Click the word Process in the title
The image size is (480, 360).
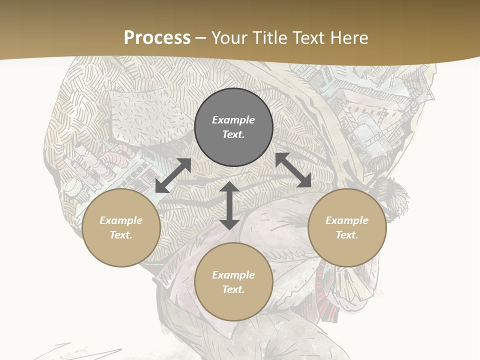coord(157,38)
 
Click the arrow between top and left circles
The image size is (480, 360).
coord(173,175)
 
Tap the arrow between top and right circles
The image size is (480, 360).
coord(293,170)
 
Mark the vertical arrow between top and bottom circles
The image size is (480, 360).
coord(229,205)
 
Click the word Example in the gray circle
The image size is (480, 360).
coord(233,120)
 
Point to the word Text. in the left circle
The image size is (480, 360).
coord(121,235)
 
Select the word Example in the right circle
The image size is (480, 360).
coord(347,220)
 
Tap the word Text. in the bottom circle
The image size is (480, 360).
coord(233,289)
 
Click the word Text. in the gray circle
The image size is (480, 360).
coord(233,134)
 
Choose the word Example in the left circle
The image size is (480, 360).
coord(121,220)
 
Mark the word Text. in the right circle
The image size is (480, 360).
coord(347,235)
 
